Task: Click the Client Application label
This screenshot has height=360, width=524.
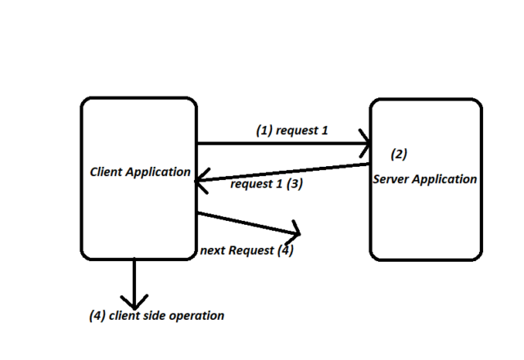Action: tap(140, 173)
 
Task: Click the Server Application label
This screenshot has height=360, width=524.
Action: tap(424, 179)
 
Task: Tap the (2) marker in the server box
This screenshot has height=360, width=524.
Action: tap(399, 154)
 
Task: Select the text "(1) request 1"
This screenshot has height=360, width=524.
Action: tap(291, 130)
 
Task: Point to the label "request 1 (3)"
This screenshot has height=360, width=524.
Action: tap(267, 185)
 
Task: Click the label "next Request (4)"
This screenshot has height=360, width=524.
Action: tap(246, 250)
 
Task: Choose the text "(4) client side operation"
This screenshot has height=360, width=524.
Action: tap(156, 316)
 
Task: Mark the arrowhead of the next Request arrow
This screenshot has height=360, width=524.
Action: tap(296, 230)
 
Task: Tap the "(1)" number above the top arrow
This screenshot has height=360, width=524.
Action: tap(264, 130)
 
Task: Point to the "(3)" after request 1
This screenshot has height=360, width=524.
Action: tap(295, 185)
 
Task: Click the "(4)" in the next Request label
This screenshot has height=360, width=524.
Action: tap(284, 250)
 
